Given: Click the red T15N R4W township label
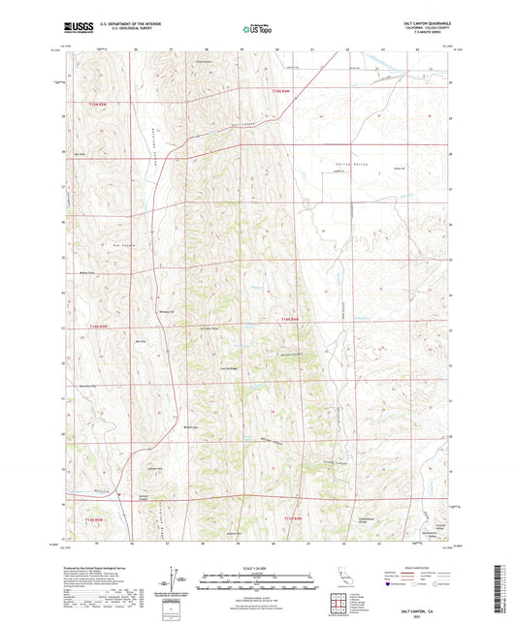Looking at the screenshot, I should pos(278,90).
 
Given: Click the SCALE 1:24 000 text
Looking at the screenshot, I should pos(258,566).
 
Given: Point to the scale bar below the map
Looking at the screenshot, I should pos(258,577).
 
